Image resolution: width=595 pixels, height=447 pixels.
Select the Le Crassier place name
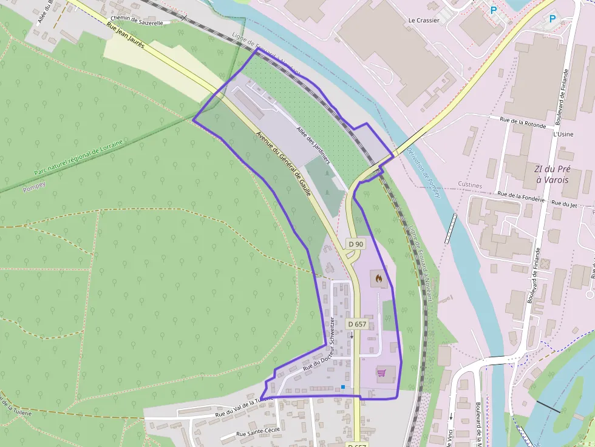tap(423, 20)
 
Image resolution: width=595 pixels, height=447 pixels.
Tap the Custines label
tap(470, 185)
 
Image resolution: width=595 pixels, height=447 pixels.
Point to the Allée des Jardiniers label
tap(313, 146)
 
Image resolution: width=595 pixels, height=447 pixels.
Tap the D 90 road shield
tap(356, 243)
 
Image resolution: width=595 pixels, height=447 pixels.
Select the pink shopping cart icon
tap(382, 372)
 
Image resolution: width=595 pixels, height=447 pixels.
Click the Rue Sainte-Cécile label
tap(257, 434)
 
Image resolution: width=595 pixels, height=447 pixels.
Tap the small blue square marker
tap(343, 387)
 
